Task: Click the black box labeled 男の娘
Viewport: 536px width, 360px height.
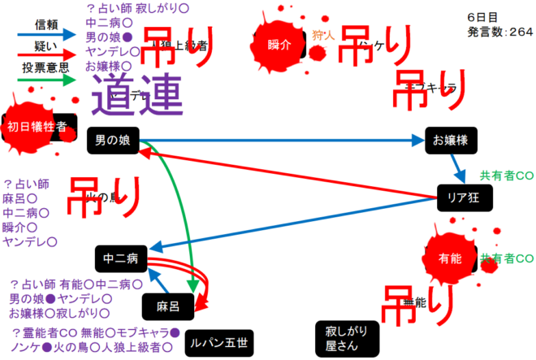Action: tap(112, 141)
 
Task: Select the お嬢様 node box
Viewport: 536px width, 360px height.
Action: tap(450, 141)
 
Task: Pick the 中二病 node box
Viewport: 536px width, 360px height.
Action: tap(120, 259)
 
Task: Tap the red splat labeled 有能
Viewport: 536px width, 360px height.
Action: tap(449, 258)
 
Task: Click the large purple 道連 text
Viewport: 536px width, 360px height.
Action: tap(135, 95)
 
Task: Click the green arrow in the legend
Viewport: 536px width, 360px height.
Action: tap(45, 80)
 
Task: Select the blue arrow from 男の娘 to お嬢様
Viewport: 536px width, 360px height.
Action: tap(284, 141)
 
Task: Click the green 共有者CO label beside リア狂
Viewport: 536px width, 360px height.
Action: tap(506, 175)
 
